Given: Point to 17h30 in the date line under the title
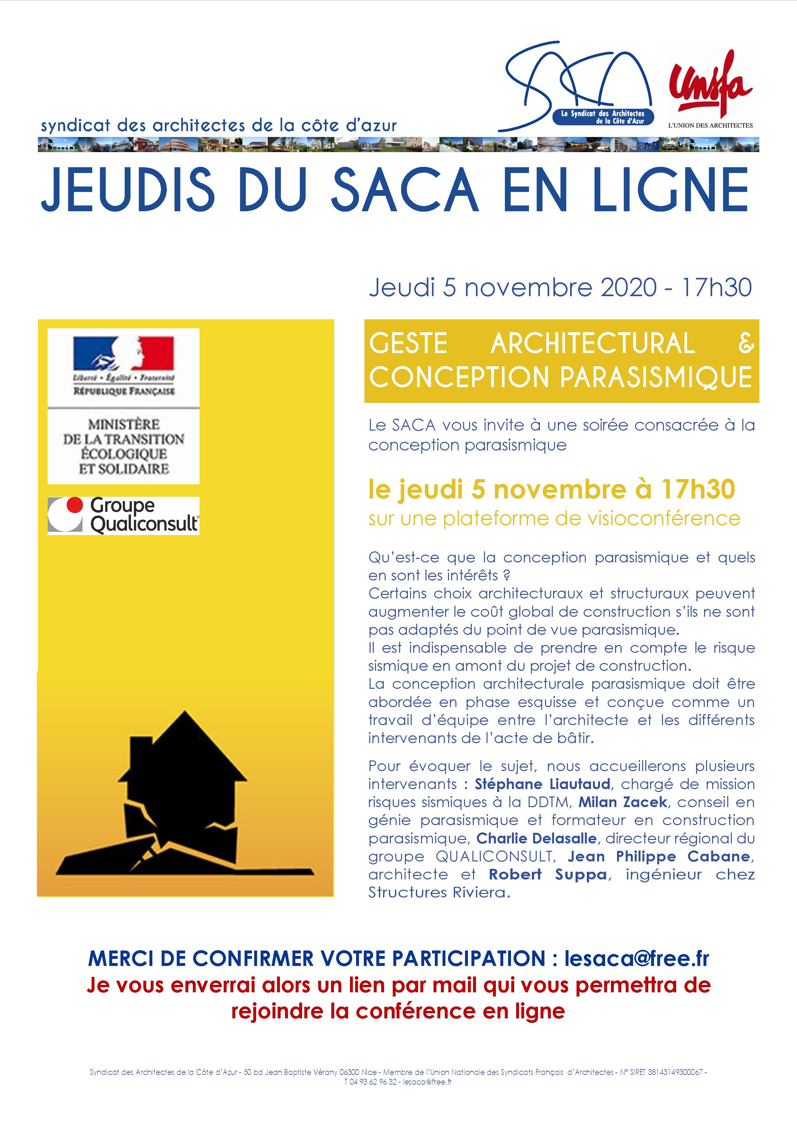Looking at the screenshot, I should click(x=716, y=287).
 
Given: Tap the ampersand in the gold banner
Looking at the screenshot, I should click(x=746, y=343).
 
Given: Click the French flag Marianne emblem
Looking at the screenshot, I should click(x=123, y=354).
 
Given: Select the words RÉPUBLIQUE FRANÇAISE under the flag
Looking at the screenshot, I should click(x=124, y=392).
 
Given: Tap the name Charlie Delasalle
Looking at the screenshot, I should click(x=536, y=838).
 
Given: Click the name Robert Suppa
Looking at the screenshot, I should click(x=548, y=875).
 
